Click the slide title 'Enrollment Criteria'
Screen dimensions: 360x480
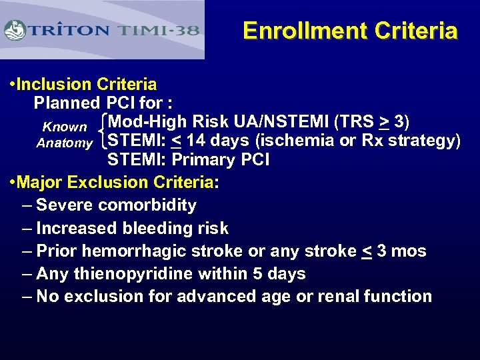click(350, 31)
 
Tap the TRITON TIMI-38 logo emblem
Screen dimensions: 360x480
click(15, 30)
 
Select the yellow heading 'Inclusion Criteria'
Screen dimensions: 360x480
click(87, 84)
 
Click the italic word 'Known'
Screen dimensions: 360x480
click(65, 127)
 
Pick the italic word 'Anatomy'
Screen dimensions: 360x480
click(65, 143)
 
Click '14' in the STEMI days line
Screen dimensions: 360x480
click(197, 141)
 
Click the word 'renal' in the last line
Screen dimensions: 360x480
click(333, 297)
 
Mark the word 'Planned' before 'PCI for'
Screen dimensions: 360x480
click(67, 103)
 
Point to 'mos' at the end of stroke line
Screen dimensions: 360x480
click(409, 251)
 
